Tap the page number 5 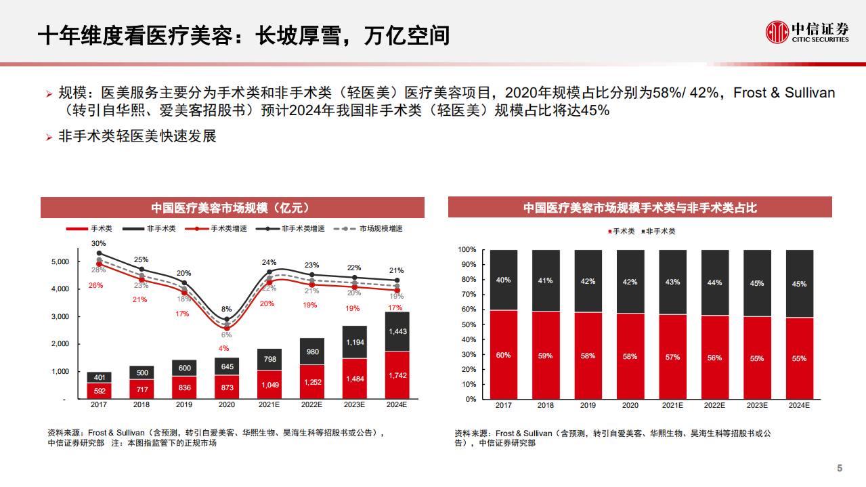point(840,469)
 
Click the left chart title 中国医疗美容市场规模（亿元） point(232,208)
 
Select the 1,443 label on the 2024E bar point(398,331)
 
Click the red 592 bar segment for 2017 point(100,390)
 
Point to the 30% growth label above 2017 point(99,243)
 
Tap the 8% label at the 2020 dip point(226,309)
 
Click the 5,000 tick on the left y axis point(60,261)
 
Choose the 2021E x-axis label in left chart point(269,405)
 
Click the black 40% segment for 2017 point(504,280)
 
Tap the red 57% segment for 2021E point(672,357)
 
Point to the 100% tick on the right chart point(467,250)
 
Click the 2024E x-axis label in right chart point(799,405)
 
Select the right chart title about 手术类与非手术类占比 point(639,208)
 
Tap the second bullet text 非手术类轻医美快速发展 point(137,136)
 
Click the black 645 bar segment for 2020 point(227,367)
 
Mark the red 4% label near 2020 point(224,349)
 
